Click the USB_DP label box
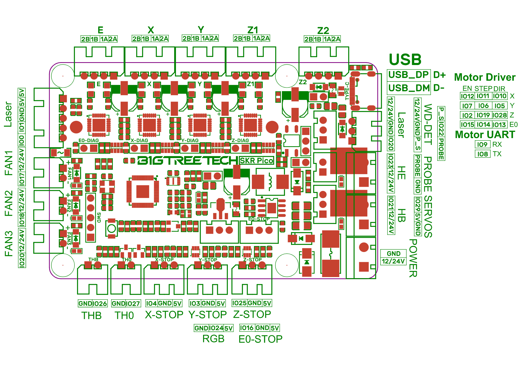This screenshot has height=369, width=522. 408,75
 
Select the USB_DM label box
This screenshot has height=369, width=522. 408,88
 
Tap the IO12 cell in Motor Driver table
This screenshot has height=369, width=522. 467,96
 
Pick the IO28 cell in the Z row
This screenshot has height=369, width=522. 500,115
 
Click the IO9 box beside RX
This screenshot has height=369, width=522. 482,144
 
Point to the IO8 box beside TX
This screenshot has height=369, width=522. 482,154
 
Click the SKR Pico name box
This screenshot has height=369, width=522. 256,161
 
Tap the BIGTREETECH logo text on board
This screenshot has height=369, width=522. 187,161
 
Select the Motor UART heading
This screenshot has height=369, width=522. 485,135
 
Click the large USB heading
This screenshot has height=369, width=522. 405,60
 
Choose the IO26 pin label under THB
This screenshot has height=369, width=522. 100,303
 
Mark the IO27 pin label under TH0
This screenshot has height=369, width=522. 133,303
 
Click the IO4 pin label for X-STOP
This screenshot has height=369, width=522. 151,303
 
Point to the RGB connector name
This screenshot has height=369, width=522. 213,339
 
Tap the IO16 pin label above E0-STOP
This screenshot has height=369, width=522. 247,328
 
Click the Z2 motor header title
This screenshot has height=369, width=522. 323,31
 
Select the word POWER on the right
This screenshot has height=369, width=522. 413,258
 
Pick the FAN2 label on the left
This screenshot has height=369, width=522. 9,203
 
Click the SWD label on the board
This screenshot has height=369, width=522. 99,217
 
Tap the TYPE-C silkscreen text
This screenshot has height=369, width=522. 347,91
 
